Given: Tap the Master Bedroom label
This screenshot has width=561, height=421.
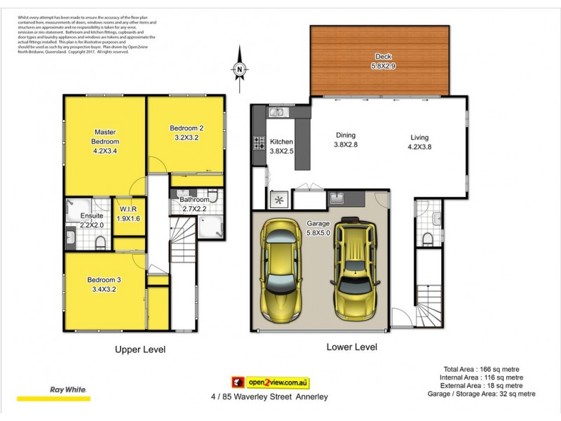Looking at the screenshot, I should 105,136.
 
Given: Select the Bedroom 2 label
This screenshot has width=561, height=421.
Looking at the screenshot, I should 187,128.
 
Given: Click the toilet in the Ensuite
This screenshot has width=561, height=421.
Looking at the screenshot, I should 100,243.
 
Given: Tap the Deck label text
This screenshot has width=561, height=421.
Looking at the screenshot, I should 383,57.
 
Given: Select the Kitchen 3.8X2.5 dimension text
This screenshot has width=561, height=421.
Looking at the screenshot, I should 282,150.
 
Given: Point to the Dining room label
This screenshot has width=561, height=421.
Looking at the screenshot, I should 345,135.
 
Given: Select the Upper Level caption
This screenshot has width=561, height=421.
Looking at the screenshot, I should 140,349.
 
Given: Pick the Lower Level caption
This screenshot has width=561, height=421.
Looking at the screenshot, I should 351,347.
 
